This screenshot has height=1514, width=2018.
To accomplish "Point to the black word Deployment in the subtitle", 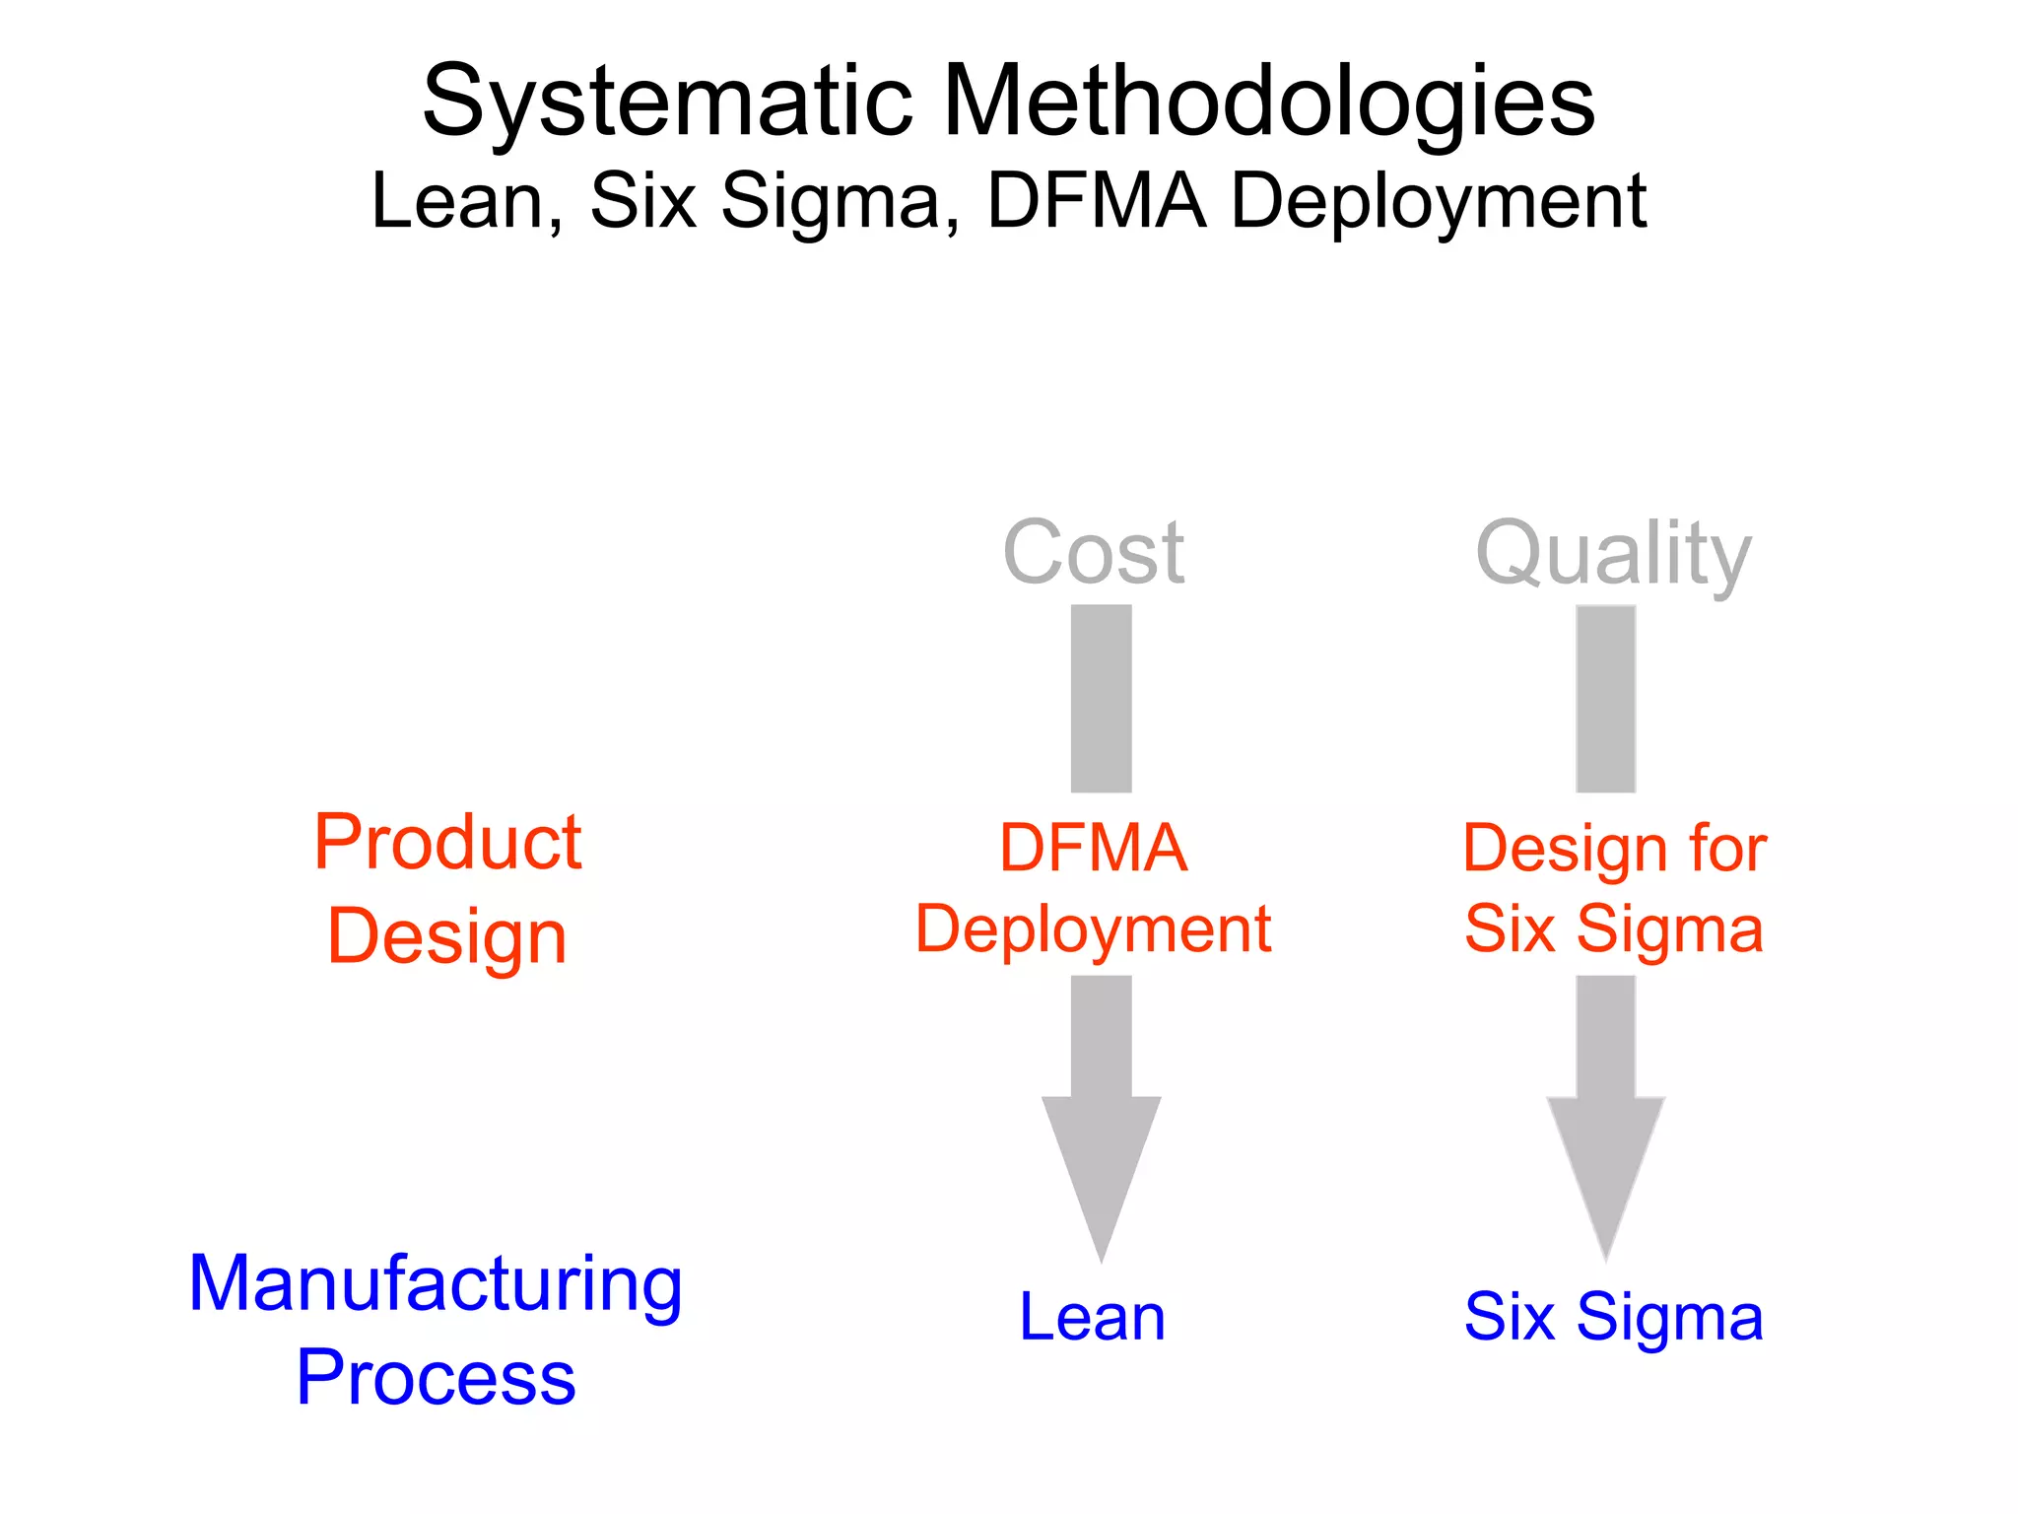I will [x=1439, y=203].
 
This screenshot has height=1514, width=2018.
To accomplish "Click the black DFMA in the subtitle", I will [x=1097, y=201].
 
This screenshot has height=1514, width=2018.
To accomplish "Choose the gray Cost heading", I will [x=1093, y=553].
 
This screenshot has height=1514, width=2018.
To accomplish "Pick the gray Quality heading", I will [x=1613, y=555].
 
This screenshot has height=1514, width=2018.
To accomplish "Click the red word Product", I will [x=448, y=843].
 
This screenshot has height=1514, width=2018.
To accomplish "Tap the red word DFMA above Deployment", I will [x=1093, y=849].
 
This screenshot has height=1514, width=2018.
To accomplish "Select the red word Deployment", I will [x=1093, y=929].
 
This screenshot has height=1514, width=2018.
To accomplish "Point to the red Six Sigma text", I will [x=1613, y=929].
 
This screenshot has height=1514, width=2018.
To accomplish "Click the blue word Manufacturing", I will [x=436, y=1284].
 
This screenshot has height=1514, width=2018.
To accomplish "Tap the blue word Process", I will [x=436, y=1378].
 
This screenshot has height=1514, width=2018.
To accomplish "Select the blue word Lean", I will [x=1092, y=1318].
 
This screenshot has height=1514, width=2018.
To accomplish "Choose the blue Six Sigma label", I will [x=1613, y=1318].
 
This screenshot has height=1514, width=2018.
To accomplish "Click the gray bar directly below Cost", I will [x=1101, y=698].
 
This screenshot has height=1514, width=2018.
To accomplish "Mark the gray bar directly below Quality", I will [x=1605, y=698].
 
